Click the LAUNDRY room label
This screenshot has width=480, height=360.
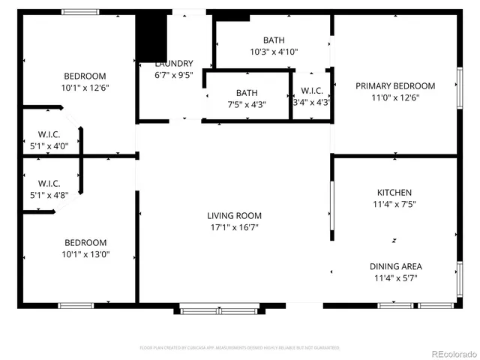click(x=174, y=64)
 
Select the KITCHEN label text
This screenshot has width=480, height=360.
click(x=394, y=193)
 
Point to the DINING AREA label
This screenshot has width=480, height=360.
click(x=395, y=266)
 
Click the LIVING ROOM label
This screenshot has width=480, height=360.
click(x=235, y=216)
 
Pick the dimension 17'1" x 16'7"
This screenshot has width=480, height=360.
click(x=235, y=228)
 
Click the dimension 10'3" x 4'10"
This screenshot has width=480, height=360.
click(x=273, y=52)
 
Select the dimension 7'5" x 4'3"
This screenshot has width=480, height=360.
click(x=247, y=104)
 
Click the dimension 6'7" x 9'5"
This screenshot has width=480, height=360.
click(x=174, y=75)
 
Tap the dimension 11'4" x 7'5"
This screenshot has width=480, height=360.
click(x=394, y=204)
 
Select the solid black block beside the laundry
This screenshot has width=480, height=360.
click(x=150, y=36)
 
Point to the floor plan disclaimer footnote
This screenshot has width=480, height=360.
click(x=240, y=348)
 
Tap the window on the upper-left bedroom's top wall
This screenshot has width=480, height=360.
click(x=79, y=12)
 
